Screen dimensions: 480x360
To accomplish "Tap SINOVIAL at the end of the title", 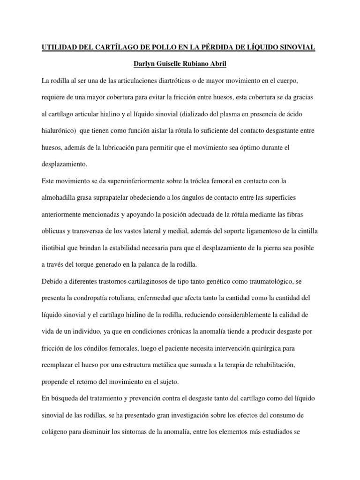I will click(x=296, y=47).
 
